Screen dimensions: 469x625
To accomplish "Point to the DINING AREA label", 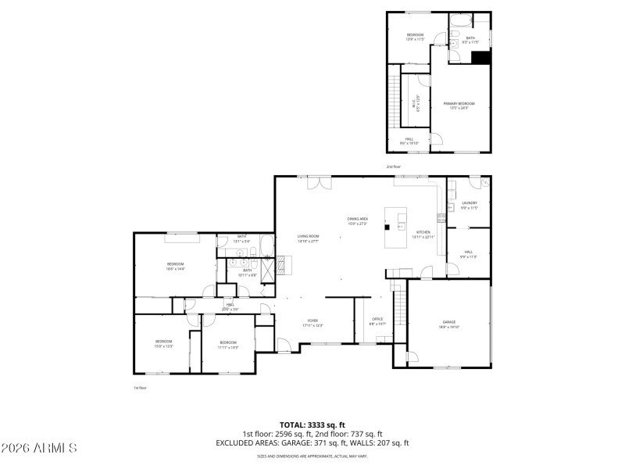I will [358, 220].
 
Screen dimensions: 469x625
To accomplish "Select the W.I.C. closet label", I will [416, 102].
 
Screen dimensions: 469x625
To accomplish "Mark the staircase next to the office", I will [399, 304].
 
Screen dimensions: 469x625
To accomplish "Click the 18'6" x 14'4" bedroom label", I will [175, 266].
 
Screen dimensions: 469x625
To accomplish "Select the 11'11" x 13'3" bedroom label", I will [228, 344].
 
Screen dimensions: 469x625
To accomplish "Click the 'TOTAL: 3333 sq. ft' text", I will [312, 424].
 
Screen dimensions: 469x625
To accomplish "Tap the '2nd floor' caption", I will [393, 166].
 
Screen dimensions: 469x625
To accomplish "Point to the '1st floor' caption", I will [140, 388].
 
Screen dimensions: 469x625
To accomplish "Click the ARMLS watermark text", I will [39, 448].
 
